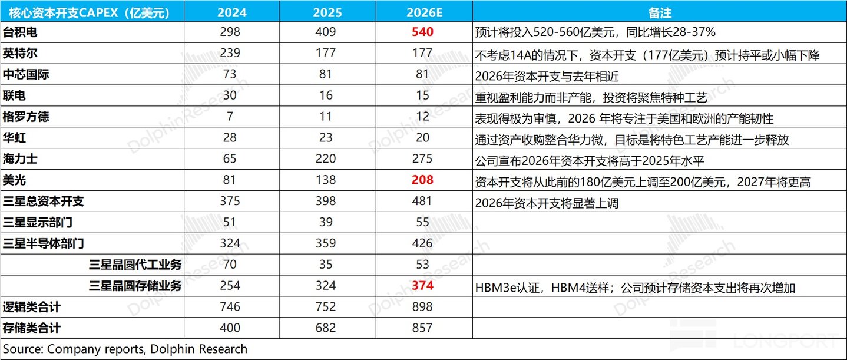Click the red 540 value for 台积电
point(422,32)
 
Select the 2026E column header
point(424,13)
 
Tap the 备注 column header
point(660,13)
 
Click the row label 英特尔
point(20,53)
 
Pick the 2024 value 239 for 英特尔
point(230,53)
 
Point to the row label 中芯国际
point(26,74)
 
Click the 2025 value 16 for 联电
point(326,95)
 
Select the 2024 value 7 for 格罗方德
point(230,117)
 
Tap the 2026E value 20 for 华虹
point(422,138)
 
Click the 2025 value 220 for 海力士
point(326,159)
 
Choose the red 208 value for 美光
point(422,180)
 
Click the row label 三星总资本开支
point(43,202)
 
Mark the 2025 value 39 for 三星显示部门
point(326,222)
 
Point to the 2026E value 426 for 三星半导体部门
point(422,243)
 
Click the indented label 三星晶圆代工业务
point(135,265)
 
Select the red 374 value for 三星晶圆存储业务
point(422,286)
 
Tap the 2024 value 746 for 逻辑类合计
point(230,307)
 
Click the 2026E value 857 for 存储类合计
point(422,328)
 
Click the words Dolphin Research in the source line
point(199,349)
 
